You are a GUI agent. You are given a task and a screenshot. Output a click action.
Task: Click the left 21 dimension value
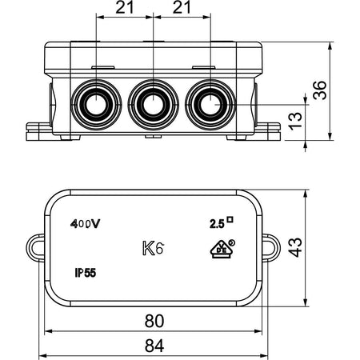[125, 7]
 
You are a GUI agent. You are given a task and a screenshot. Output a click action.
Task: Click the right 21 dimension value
[182, 7]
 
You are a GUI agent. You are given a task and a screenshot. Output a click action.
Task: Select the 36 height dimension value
[320, 90]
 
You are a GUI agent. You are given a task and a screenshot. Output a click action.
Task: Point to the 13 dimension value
[295, 122]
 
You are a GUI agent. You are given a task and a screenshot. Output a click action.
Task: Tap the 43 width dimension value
[295, 247]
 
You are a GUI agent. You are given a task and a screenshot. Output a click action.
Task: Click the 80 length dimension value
[154, 321]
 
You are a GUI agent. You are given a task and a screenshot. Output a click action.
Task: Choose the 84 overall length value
[154, 346]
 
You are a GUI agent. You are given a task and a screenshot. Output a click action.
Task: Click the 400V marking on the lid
[85, 224]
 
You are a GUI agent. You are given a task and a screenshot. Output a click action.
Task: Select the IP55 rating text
[85, 273]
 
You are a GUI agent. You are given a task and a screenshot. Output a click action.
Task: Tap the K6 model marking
[153, 249]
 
